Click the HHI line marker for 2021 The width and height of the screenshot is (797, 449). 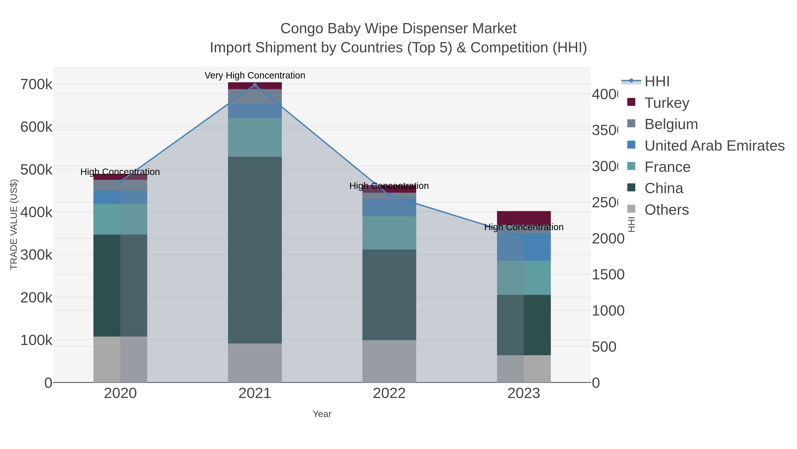[255, 85]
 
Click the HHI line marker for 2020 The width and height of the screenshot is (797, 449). [120, 182]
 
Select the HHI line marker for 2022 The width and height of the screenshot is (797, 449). [389, 195]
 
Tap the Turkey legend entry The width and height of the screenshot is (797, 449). [667, 103]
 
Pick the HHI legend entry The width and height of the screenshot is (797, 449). [657, 82]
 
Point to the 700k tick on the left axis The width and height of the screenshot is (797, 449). [36, 84]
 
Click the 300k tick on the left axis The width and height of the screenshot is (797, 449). [36, 255]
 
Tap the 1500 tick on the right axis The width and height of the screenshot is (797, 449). [608, 274]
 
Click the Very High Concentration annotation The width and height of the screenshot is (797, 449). [255, 75]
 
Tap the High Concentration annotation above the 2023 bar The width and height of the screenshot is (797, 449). [524, 227]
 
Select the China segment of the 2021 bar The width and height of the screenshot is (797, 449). [255, 250]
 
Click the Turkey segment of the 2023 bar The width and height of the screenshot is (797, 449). [524, 218]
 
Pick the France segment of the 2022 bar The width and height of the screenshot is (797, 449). [389, 233]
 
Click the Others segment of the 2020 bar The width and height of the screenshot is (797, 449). [120, 359]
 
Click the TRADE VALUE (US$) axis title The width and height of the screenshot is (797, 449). [14, 224]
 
